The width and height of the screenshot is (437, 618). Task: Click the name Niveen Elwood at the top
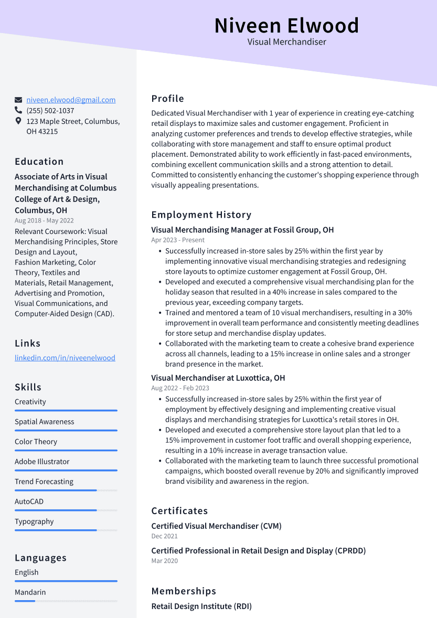[x=286, y=26]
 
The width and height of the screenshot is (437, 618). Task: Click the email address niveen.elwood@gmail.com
[x=71, y=100]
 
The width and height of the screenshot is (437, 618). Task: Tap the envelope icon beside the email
[x=18, y=100]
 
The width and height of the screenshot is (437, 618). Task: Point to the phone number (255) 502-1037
[x=50, y=111]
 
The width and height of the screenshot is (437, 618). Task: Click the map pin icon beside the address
[x=18, y=121]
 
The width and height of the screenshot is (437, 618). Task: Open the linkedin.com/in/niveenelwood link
[x=65, y=358]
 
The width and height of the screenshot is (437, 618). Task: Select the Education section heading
[x=39, y=162]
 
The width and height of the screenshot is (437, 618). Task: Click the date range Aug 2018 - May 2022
[x=44, y=221]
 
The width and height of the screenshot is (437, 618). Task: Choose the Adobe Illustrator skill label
[x=42, y=462]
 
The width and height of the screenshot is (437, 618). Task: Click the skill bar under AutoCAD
[x=66, y=510]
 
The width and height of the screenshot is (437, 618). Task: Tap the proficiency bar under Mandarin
[x=66, y=601]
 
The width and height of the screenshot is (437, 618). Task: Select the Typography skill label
[x=34, y=521]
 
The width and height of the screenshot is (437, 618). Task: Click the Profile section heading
[x=168, y=99]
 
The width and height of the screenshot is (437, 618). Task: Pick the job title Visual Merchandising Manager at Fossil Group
[x=242, y=230]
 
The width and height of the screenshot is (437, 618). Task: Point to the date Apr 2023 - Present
[x=178, y=240]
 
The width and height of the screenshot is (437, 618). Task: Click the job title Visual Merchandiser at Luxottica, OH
[x=218, y=378]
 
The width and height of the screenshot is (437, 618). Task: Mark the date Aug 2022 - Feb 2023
[x=180, y=388]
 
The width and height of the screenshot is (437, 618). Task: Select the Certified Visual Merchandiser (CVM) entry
[x=216, y=526]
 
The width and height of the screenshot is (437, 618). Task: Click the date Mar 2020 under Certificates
[x=164, y=561]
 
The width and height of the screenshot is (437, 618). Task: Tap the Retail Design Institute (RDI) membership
[x=201, y=606]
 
